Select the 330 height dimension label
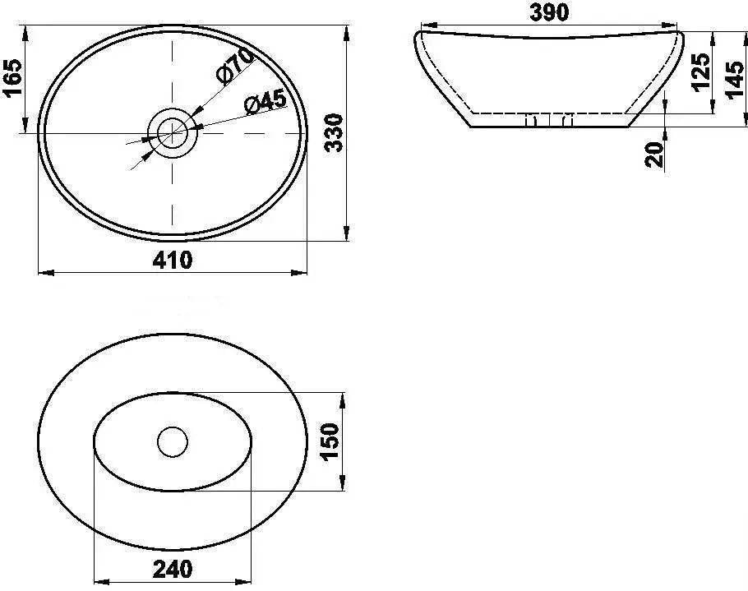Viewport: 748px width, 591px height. (x=333, y=133)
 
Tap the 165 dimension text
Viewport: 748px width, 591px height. (x=12, y=78)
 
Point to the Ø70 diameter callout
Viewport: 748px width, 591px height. (x=234, y=66)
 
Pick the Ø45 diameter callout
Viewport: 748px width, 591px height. (x=265, y=103)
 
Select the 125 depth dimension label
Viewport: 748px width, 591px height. (x=700, y=72)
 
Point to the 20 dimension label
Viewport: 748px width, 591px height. (x=654, y=153)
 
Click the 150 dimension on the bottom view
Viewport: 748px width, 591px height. (x=330, y=442)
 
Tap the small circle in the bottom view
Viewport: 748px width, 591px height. (x=173, y=441)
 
